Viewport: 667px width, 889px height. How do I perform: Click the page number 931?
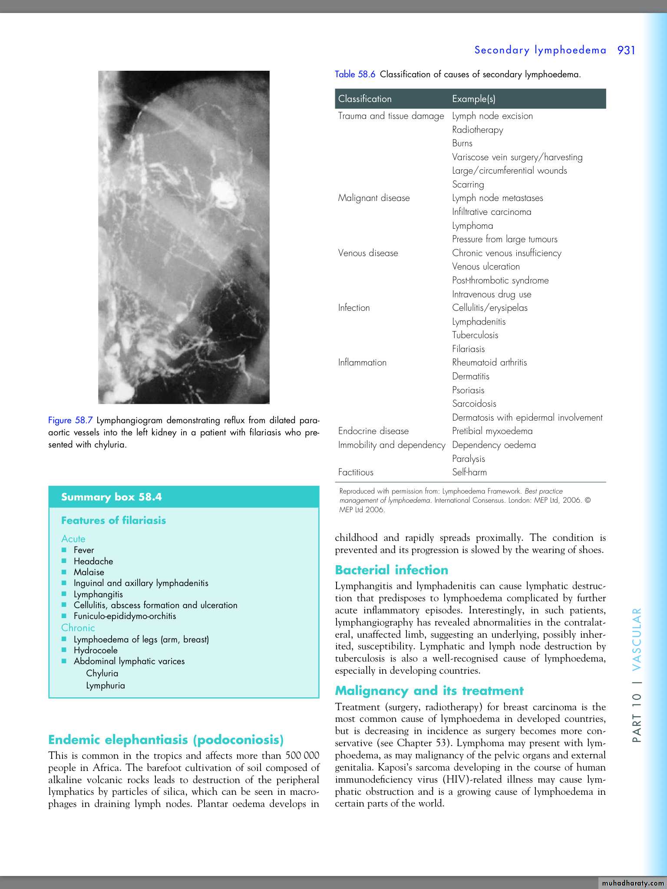pyautogui.click(x=626, y=50)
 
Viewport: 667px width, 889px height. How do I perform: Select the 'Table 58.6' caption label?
pyautogui.click(x=355, y=74)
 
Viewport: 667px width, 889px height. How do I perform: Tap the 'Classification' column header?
pyautogui.click(x=365, y=99)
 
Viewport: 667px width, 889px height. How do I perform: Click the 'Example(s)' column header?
pyautogui.click(x=473, y=99)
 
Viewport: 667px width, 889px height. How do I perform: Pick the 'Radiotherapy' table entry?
pyautogui.click(x=477, y=130)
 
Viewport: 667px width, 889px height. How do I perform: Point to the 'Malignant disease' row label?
pyautogui.click(x=373, y=198)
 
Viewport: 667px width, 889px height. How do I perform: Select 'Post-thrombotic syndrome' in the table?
pyautogui.click(x=500, y=280)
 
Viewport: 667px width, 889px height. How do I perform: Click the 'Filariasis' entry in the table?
pyautogui.click(x=468, y=349)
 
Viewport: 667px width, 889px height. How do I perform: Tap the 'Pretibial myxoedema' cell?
pyautogui.click(x=492, y=431)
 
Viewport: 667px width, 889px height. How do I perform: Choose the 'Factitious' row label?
pyautogui.click(x=356, y=472)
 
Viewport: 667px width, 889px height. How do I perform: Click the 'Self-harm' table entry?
pyautogui.click(x=469, y=472)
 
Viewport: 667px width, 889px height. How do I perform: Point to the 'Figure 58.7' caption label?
pyautogui.click(x=70, y=420)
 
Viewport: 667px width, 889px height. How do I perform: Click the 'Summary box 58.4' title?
pyautogui.click(x=112, y=497)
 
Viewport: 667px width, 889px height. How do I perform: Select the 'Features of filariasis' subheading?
pyautogui.click(x=113, y=520)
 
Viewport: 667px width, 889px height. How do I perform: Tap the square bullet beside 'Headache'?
pyautogui.click(x=64, y=561)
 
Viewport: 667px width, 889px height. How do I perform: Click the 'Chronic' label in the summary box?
pyautogui.click(x=78, y=628)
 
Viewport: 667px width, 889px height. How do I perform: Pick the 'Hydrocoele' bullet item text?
pyautogui.click(x=96, y=650)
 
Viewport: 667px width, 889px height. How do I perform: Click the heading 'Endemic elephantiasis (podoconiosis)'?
pyautogui.click(x=166, y=740)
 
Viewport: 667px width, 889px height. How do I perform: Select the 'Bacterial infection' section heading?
pyautogui.click(x=391, y=570)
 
